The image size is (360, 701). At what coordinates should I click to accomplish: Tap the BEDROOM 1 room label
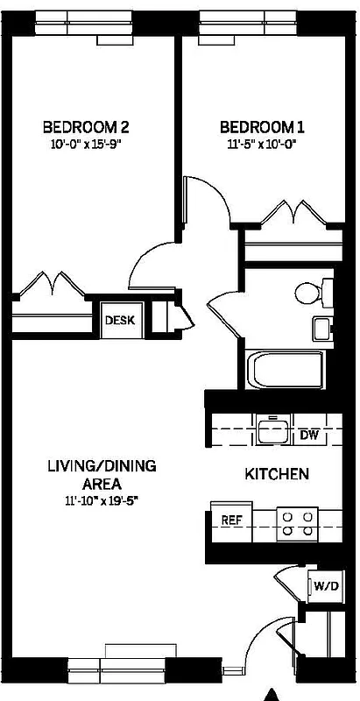(257, 125)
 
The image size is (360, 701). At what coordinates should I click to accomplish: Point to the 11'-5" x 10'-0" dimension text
(257, 144)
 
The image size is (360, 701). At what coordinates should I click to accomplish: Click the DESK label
(120, 320)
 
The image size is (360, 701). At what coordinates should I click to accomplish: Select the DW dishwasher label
(307, 435)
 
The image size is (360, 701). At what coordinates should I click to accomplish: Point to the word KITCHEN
(276, 474)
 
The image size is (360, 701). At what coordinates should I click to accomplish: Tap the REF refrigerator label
(231, 520)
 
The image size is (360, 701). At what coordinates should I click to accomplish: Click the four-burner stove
(297, 523)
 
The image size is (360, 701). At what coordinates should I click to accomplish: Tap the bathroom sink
(321, 329)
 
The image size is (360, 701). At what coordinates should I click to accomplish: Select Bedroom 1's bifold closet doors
(289, 214)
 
